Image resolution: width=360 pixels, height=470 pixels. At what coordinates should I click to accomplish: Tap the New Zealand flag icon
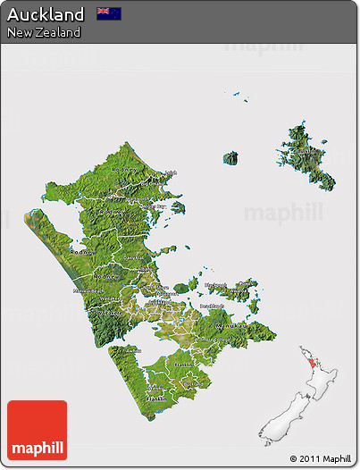[x=109, y=13]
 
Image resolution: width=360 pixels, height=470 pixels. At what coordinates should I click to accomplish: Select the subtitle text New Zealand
[x=44, y=32]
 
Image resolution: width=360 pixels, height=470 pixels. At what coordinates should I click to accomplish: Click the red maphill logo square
[x=37, y=430]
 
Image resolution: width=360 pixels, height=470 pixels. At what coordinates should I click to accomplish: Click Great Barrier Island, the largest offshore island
[x=309, y=156]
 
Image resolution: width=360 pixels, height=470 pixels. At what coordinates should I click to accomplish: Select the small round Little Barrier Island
[x=230, y=158]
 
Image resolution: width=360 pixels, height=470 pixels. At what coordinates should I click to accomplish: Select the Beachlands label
[x=212, y=306]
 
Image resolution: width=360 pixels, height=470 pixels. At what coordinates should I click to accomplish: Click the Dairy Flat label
[x=134, y=258]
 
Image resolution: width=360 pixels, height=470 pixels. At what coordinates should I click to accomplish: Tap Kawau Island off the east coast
[x=177, y=207]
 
